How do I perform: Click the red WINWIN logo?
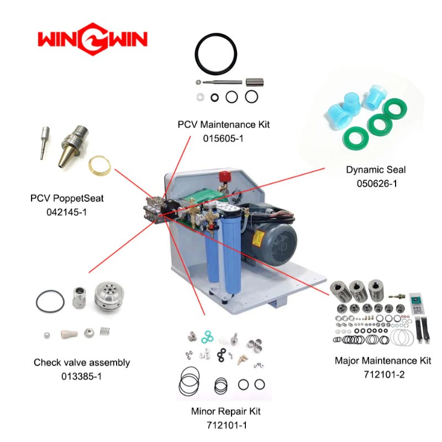[x=92, y=39]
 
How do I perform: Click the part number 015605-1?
[x=223, y=139]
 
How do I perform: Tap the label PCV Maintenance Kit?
[x=224, y=124]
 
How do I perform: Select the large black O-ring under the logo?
[x=216, y=54]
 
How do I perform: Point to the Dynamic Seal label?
[x=376, y=170]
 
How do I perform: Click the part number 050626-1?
[x=377, y=183]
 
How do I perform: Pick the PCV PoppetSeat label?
[x=67, y=198]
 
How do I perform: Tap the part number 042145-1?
[x=66, y=212]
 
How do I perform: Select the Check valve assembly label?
[x=82, y=362]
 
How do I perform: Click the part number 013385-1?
[x=81, y=376]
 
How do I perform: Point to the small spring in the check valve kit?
[x=105, y=331]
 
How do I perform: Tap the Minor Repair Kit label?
[x=226, y=411]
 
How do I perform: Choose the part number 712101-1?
[x=227, y=425]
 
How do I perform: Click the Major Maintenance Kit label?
[x=383, y=361]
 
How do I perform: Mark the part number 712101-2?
[x=384, y=375]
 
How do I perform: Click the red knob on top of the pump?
[x=225, y=177]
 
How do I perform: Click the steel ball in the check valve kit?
[x=47, y=335]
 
